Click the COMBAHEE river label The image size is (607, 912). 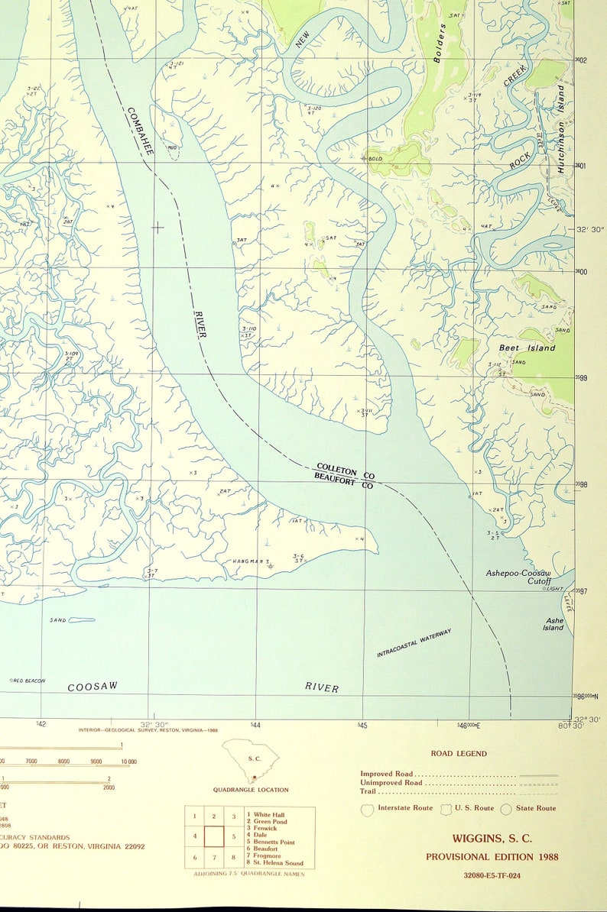click(140, 131)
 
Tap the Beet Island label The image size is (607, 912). click(527, 348)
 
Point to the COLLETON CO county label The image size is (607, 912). click(345, 471)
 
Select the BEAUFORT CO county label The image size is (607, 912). click(343, 481)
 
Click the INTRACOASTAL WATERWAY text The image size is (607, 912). click(414, 643)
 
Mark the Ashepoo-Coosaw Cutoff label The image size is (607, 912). click(518, 577)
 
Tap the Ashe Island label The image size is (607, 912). click(553, 624)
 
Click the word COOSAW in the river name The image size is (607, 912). click(93, 687)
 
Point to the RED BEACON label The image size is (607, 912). click(27, 681)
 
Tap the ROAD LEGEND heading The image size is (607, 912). click(458, 753)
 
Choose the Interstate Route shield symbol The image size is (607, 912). click(367, 809)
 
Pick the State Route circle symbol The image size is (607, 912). click(507, 809)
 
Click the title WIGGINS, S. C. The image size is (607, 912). click(492, 839)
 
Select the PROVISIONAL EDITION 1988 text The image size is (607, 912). click(492, 856)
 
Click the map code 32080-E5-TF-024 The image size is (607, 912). click(492, 875)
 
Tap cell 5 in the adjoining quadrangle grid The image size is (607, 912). click(233, 836)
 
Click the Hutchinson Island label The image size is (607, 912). click(562, 129)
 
